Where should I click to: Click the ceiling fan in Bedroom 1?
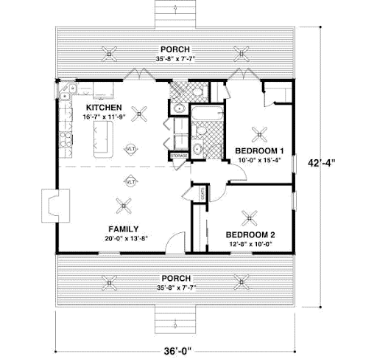260,133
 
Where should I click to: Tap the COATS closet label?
202,194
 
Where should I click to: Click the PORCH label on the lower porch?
175,278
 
